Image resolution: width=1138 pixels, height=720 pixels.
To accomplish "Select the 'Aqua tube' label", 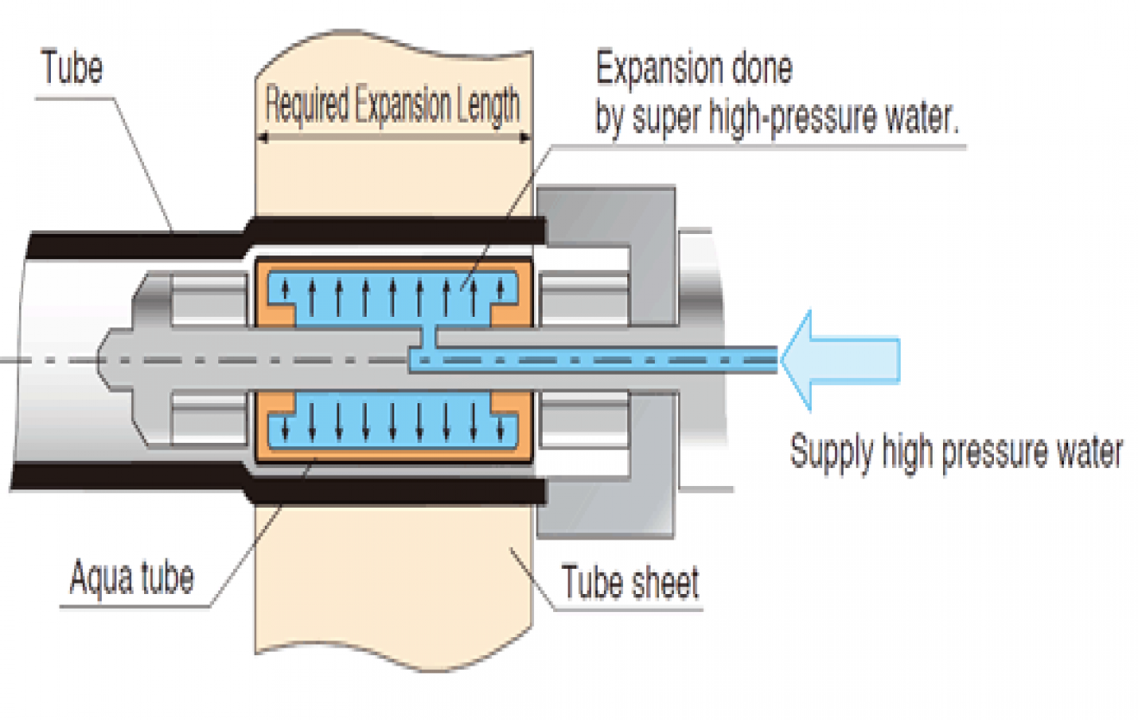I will point(131,576).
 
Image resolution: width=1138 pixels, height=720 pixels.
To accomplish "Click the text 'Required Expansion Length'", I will point(393,106).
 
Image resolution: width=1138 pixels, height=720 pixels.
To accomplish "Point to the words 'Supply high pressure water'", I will point(957,452).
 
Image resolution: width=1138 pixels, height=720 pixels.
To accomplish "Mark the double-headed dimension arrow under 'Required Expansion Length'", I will point(393,136).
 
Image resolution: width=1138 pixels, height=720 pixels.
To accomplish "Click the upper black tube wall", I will point(397,231).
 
